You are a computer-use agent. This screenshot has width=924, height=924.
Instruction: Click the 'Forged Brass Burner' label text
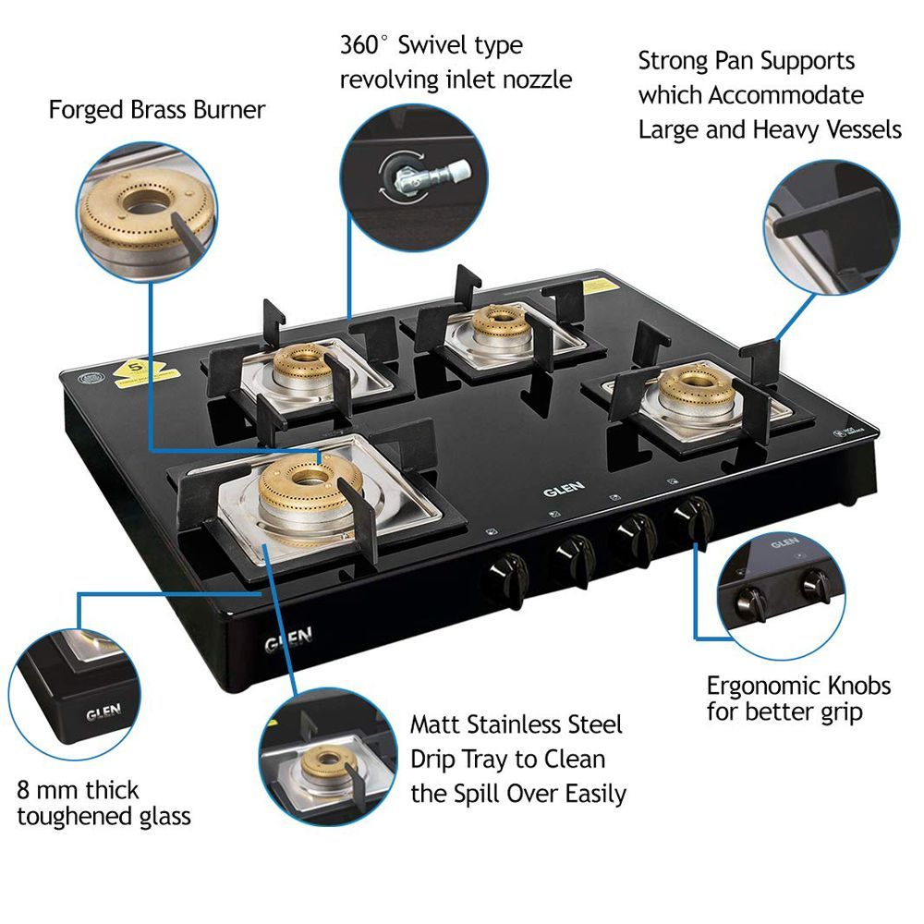[156, 110]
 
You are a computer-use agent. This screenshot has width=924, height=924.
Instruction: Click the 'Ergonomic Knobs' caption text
[798, 686]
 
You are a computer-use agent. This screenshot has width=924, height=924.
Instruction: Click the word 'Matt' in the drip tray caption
[434, 723]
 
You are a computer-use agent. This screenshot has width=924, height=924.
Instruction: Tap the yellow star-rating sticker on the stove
[137, 371]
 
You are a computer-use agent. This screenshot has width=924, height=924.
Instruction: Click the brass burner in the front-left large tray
[306, 490]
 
